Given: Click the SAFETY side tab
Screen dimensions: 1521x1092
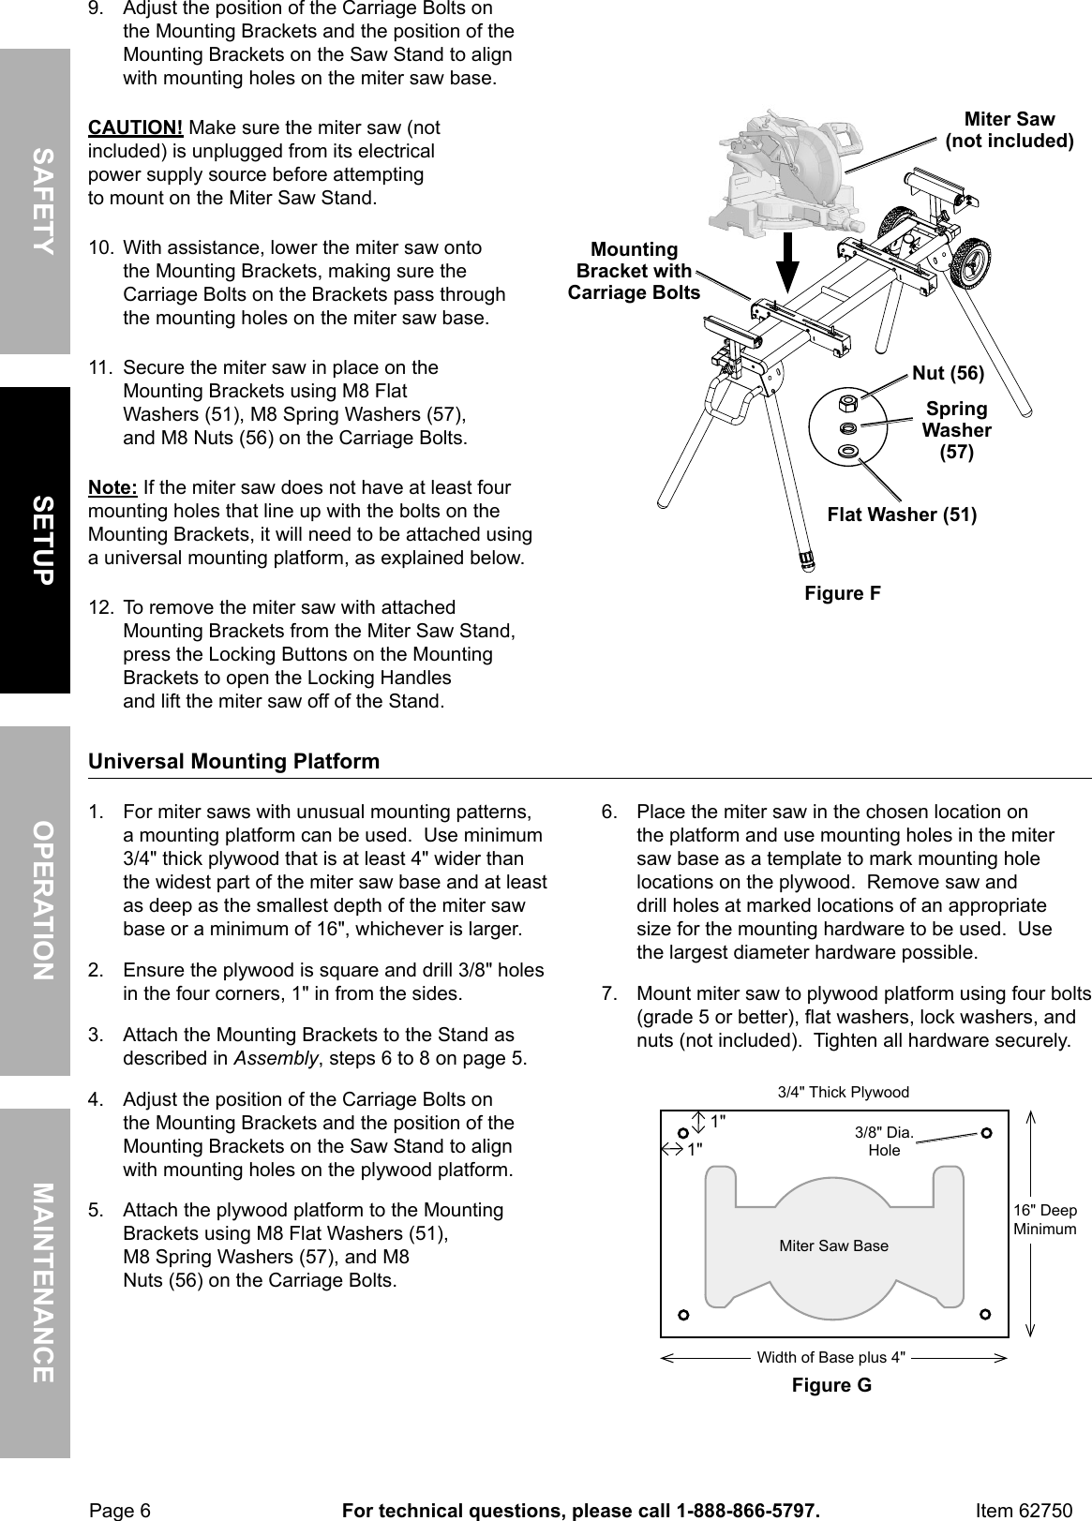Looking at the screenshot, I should (x=35, y=201).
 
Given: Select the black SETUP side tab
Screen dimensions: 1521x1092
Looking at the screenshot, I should (x=35, y=540).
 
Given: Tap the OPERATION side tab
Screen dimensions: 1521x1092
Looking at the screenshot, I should (x=35, y=900).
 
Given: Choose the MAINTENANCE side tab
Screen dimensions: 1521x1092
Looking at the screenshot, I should (x=35, y=1282).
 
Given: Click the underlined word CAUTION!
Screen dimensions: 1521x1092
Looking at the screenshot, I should (x=135, y=127).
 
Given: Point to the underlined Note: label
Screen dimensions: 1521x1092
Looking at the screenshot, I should (x=112, y=488).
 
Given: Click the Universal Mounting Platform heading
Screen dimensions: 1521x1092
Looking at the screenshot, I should (x=233, y=761).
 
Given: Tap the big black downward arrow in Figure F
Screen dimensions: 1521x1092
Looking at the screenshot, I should (x=788, y=261).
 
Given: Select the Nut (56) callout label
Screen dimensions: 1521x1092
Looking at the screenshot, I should (x=948, y=373).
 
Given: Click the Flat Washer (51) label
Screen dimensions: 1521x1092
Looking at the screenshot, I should (x=902, y=514).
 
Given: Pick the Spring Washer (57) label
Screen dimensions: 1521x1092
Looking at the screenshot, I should (x=956, y=430).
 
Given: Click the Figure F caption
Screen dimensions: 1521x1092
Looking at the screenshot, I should (x=843, y=593).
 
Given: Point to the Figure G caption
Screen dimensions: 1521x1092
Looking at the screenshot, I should (x=831, y=1385).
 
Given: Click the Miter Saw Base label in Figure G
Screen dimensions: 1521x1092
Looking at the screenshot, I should (x=833, y=1245).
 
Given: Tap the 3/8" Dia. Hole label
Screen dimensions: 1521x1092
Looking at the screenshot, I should (x=884, y=1141).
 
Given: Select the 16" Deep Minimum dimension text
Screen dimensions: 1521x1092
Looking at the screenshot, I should (x=1044, y=1219).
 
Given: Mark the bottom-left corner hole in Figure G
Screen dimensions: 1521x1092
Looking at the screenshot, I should (x=684, y=1315).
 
